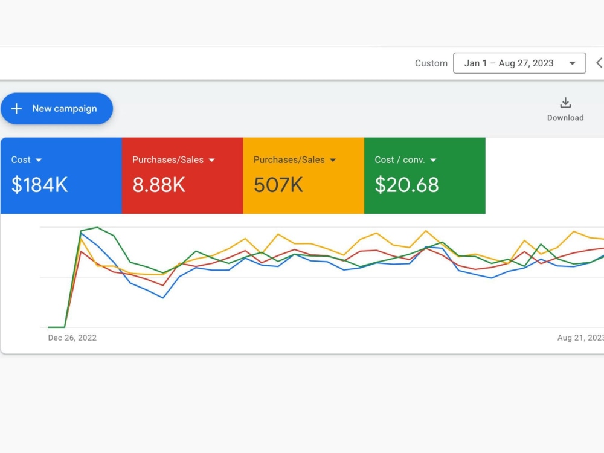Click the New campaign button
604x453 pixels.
click(x=57, y=109)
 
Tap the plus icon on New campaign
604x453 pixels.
click(x=16, y=109)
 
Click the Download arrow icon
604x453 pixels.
click(x=565, y=103)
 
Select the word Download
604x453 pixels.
click(x=565, y=118)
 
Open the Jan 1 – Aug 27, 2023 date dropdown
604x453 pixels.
click(x=519, y=63)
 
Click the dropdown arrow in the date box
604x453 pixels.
click(x=573, y=63)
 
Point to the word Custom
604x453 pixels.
click(x=431, y=63)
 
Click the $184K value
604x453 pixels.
click(x=40, y=184)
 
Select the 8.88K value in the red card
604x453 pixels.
click(x=159, y=184)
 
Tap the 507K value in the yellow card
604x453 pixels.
click(x=278, y=184)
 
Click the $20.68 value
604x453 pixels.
click(x=406, y=184)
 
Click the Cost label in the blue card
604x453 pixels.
click(x=21, y=160)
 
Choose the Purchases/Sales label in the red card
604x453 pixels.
click(x=168, y=160)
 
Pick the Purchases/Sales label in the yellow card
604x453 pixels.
click(x=289, y=160)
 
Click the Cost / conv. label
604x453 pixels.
click(x=400, y=160)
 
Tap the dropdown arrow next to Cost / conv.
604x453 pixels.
click(x=433, y=160)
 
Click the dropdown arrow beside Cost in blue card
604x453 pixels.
click(x=39, y=160)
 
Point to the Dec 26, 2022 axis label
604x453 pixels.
click(x=72, y=338)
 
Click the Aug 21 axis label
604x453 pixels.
click(x=580, y=338)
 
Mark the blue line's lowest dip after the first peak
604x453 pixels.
click(x=163, y=298)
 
